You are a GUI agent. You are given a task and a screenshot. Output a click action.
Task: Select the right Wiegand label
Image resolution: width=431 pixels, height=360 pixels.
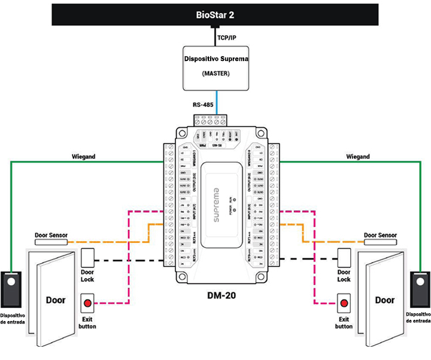(358, 157)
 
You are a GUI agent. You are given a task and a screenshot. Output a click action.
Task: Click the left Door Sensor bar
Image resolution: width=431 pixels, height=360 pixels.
(50, 241)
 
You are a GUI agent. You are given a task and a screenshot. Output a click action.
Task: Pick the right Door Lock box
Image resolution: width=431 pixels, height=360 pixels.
(344, 258)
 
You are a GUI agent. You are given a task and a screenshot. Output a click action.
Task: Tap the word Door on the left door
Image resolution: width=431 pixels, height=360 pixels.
(56, 300)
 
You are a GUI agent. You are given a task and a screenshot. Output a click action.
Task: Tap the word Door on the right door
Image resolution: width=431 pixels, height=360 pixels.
(384, 300)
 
